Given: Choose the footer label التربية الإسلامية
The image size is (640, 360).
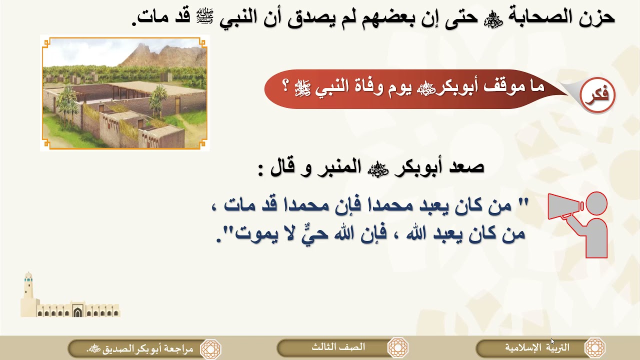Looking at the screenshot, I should coord(536,347).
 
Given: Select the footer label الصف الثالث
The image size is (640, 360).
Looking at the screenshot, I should coord(338,347).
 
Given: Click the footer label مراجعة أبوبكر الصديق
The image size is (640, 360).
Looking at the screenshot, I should coord(140,348).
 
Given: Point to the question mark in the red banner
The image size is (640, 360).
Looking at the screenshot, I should coord(285,86).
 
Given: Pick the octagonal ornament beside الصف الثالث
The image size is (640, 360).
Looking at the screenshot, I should coord(398,347).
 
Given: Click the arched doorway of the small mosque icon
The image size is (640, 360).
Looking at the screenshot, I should coord(77,312).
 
